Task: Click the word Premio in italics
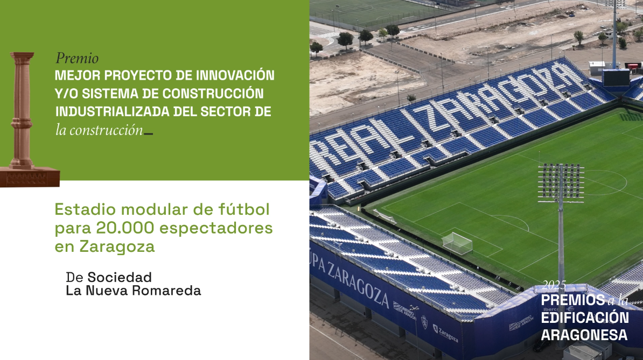tap(77, 59)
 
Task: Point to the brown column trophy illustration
tap(23, 118)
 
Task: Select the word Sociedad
tap(120, 277)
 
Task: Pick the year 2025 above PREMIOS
tap(554, 285)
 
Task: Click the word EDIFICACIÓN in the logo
tap(584, 317)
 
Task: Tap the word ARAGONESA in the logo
tap(584, 335)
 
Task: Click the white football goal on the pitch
tap(457, 243)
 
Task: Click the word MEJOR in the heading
tap(78, 74)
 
